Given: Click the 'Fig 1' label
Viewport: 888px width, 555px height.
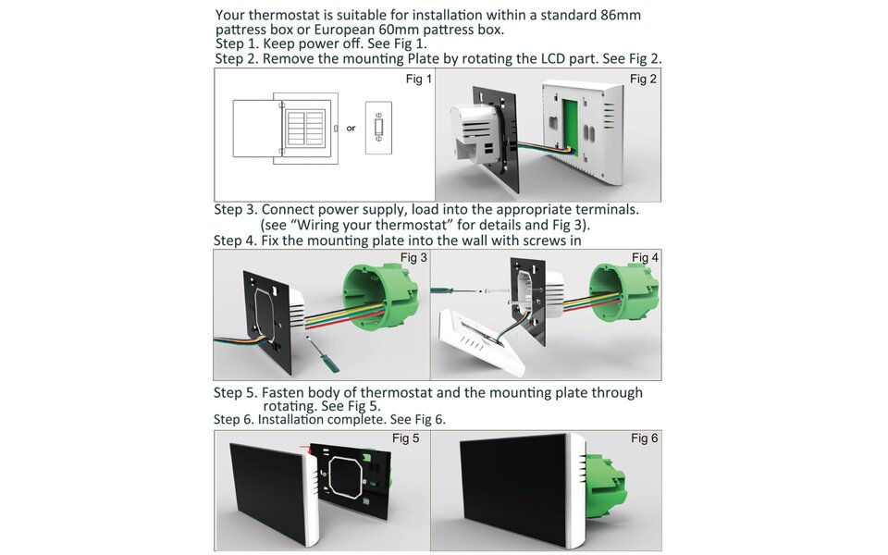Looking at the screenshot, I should click(x=418, y=80).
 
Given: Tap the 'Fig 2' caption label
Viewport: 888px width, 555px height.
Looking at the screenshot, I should click(x=643, y=80).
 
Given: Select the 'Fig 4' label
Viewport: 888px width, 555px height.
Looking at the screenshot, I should click(x=645, y=257).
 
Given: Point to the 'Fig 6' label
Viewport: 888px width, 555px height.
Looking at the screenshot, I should click(x=645, y=438).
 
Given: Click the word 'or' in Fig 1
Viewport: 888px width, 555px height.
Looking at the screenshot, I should click(x=351, y=129).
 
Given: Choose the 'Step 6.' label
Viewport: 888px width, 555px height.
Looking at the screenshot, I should click(x=234, y=419).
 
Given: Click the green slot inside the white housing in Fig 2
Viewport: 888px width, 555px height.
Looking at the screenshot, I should click(x=573, y=119).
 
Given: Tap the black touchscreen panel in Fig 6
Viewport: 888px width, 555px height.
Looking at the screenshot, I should click(x=513, y=490).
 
